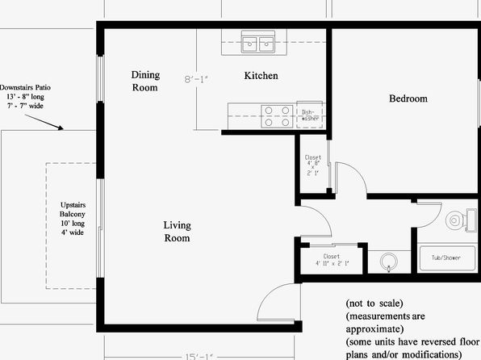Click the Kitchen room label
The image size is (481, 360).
pyautogui.click(x=261, y=76)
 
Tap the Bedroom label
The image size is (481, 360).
pyautogui.click(x=408, y=98)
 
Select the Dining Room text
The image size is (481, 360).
pyautogui.click(x=145, y=81)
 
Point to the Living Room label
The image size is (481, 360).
pyautogui.click(x=177, y=232)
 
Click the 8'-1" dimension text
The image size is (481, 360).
pyautogui.click(x=196, y=79)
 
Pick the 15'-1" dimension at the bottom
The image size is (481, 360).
pyautogui.click(x=199, y=357)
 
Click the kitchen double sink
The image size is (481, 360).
pyautogui.click(x=258, y=42)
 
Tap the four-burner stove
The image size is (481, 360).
pyautogui.click(x=277, y=116)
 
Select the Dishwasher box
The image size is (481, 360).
pyautogui.click(x=310, y=115)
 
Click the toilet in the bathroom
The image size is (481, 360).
pyautogui.click(x=461, y=220)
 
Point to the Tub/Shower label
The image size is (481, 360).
pyautogui.click(x=446, y=257)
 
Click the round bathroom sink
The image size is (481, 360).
pyautogui.click(x=389, y=262)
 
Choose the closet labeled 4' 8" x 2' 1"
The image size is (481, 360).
pyautogui.click(x=313, y=165)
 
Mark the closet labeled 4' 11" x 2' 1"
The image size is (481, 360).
pyautogui.click(x=332, y=260)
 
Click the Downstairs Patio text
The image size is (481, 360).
pyautogui.click(x=26, y=87)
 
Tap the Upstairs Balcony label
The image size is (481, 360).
pyautogui.click(x=73, y=209)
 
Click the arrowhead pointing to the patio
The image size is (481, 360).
pyautogui.click(x=61, y=128)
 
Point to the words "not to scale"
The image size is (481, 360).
pyautogui.click(x=374, y=303)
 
